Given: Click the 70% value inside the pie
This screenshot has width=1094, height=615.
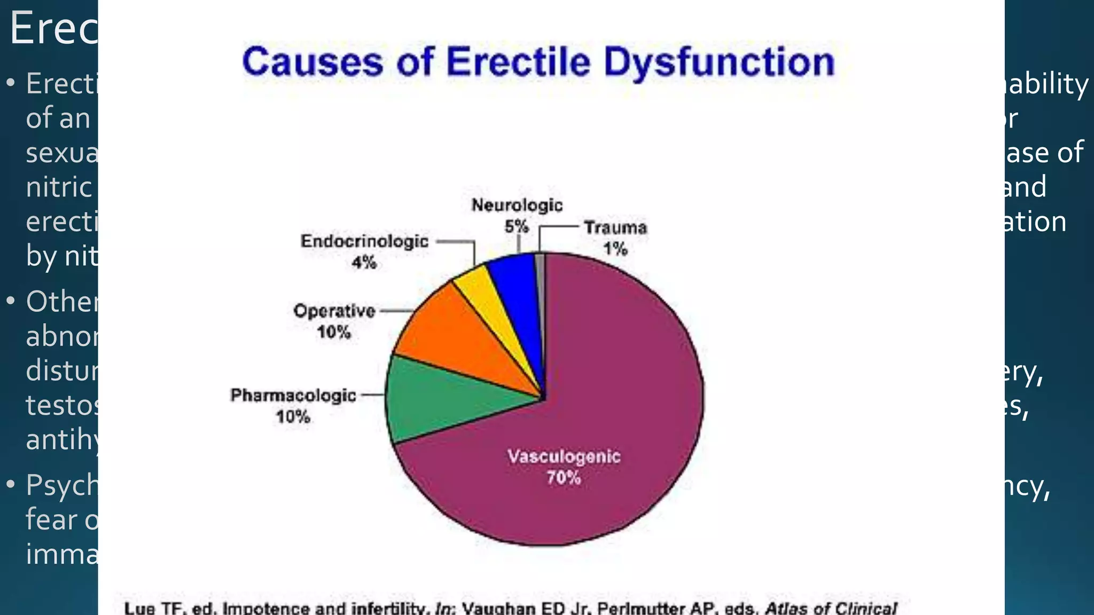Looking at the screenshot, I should [x=564, y=478].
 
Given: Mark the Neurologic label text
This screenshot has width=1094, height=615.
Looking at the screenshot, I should [x=517, y=206].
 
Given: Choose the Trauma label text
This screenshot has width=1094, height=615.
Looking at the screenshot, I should [x=615, y=228].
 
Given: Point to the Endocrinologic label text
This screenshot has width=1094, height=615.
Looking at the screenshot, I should [x=364, y=241].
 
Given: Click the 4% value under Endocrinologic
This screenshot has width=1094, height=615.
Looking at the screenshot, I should [x=364, y=263].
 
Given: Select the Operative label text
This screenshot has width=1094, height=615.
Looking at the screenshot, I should [x=334, y=311].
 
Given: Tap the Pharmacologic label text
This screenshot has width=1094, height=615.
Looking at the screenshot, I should [x=293, y=396].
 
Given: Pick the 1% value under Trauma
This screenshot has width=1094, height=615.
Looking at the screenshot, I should [x=615, y=249].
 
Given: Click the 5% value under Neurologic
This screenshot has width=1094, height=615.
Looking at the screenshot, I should [x=517, y=227].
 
